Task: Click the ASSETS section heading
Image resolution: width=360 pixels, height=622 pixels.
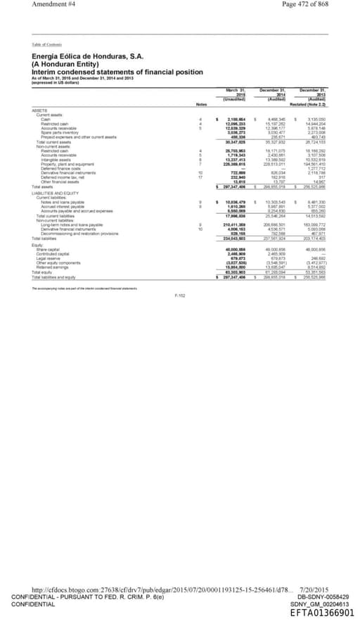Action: point(39,110)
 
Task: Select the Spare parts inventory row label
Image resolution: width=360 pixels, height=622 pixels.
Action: point(58,132)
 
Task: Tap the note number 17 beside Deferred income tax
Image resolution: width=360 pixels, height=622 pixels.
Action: point(200,177)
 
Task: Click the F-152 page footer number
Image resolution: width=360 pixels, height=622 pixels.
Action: point(179,296)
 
